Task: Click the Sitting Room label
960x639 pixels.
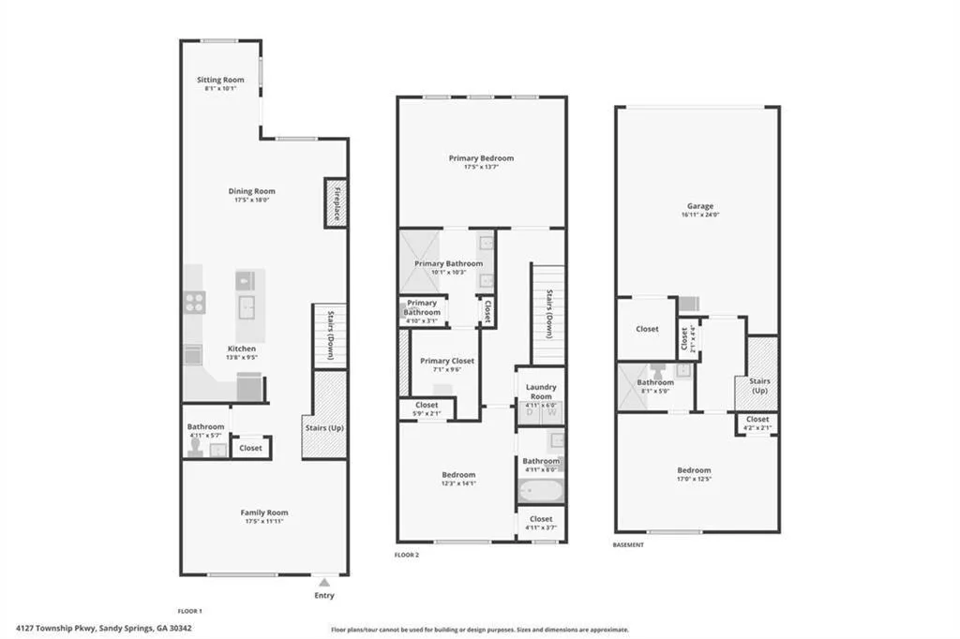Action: (x=220, y=80)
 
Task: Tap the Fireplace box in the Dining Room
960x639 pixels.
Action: (x=336, y=201)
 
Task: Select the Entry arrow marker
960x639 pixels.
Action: (x=324, y=582)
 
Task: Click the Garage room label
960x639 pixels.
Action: (x=699, y=206)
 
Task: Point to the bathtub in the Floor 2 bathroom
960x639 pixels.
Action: (x=539, y=489)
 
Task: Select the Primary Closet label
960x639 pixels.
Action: (x=446, y=361)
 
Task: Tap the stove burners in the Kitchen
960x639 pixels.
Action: (x=194, y=302)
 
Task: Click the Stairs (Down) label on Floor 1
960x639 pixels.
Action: (x=331, y=334)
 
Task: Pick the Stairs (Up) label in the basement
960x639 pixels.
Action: (x=758, y=385)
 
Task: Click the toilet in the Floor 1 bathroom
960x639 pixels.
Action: (x=195, y=448)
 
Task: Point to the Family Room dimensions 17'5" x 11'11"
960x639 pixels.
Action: (x=263, y=522)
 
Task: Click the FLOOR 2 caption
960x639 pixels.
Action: (x=406, y=555)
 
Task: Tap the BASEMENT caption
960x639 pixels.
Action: (x=628, y=544)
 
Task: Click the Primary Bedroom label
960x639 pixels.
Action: (x=481, y=158)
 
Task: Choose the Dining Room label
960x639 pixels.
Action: (x=252, y=191)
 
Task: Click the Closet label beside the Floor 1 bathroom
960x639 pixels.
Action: (x=250, y=448)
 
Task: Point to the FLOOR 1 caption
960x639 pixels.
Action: (x=190, y=610)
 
